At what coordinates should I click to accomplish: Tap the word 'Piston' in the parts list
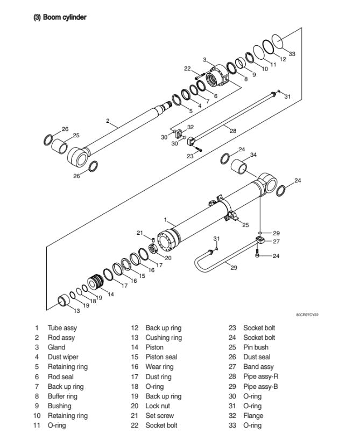click(156, 347)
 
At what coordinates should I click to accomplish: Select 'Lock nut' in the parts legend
click(158, 406)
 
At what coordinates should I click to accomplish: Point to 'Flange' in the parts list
click(253, 416)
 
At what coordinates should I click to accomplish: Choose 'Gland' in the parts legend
click(57, 347)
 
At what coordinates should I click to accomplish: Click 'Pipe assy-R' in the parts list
click(261, 377)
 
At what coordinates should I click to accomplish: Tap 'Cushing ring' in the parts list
click(164, 338)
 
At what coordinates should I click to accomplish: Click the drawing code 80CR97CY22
click(307, 315)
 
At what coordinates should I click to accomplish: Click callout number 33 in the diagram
click(292, 54)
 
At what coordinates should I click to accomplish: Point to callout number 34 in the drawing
click(253, 155)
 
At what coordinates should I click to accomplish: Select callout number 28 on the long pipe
click(232, 130)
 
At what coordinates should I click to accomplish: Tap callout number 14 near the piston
click(110, 294)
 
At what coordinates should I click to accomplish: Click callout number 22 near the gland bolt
click(187, 68)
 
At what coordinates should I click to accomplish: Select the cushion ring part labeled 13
click(64, 299)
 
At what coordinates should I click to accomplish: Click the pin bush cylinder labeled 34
click(239, 166)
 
